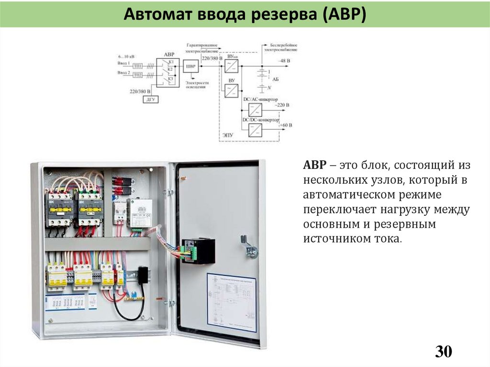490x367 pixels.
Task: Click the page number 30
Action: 443,352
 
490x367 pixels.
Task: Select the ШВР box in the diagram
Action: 191,67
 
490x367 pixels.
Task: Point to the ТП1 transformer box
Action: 137,65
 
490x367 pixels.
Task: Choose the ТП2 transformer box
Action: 137,75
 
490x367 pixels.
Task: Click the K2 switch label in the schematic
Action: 170,70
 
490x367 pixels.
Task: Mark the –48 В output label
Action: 285,61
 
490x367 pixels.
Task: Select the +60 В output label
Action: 286,125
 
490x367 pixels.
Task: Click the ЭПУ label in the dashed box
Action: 228,135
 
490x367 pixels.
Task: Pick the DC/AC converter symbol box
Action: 256,108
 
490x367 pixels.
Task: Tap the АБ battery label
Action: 275,80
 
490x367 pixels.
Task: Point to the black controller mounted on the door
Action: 199,251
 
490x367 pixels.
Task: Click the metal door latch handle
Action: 249,246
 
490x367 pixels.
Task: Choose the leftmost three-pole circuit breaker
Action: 56,277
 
